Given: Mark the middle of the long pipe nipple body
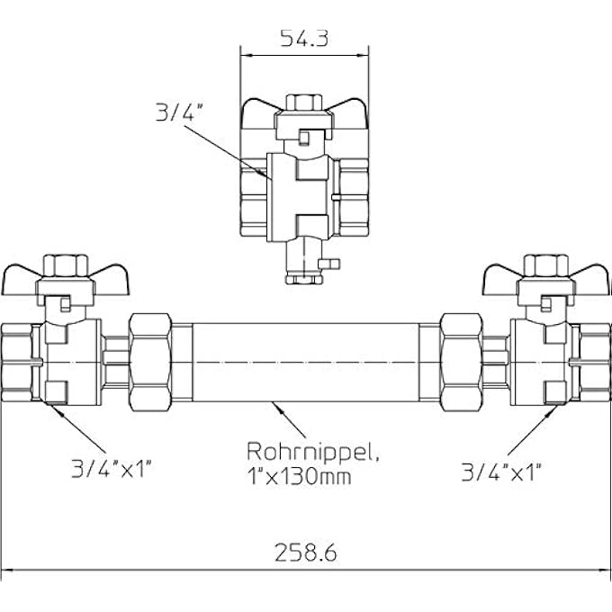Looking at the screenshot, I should point(306,362).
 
